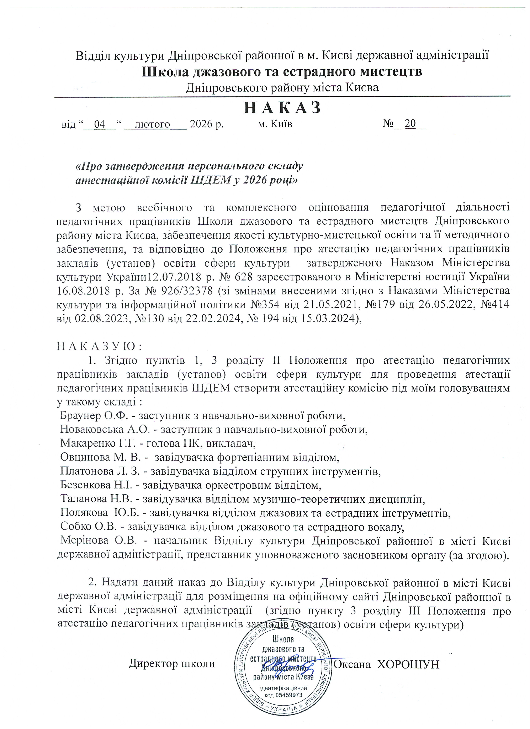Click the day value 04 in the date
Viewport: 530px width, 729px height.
[x=99, y=124]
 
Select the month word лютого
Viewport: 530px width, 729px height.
[x=153, y=124]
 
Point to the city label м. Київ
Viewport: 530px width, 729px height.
[x=275, y=124]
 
